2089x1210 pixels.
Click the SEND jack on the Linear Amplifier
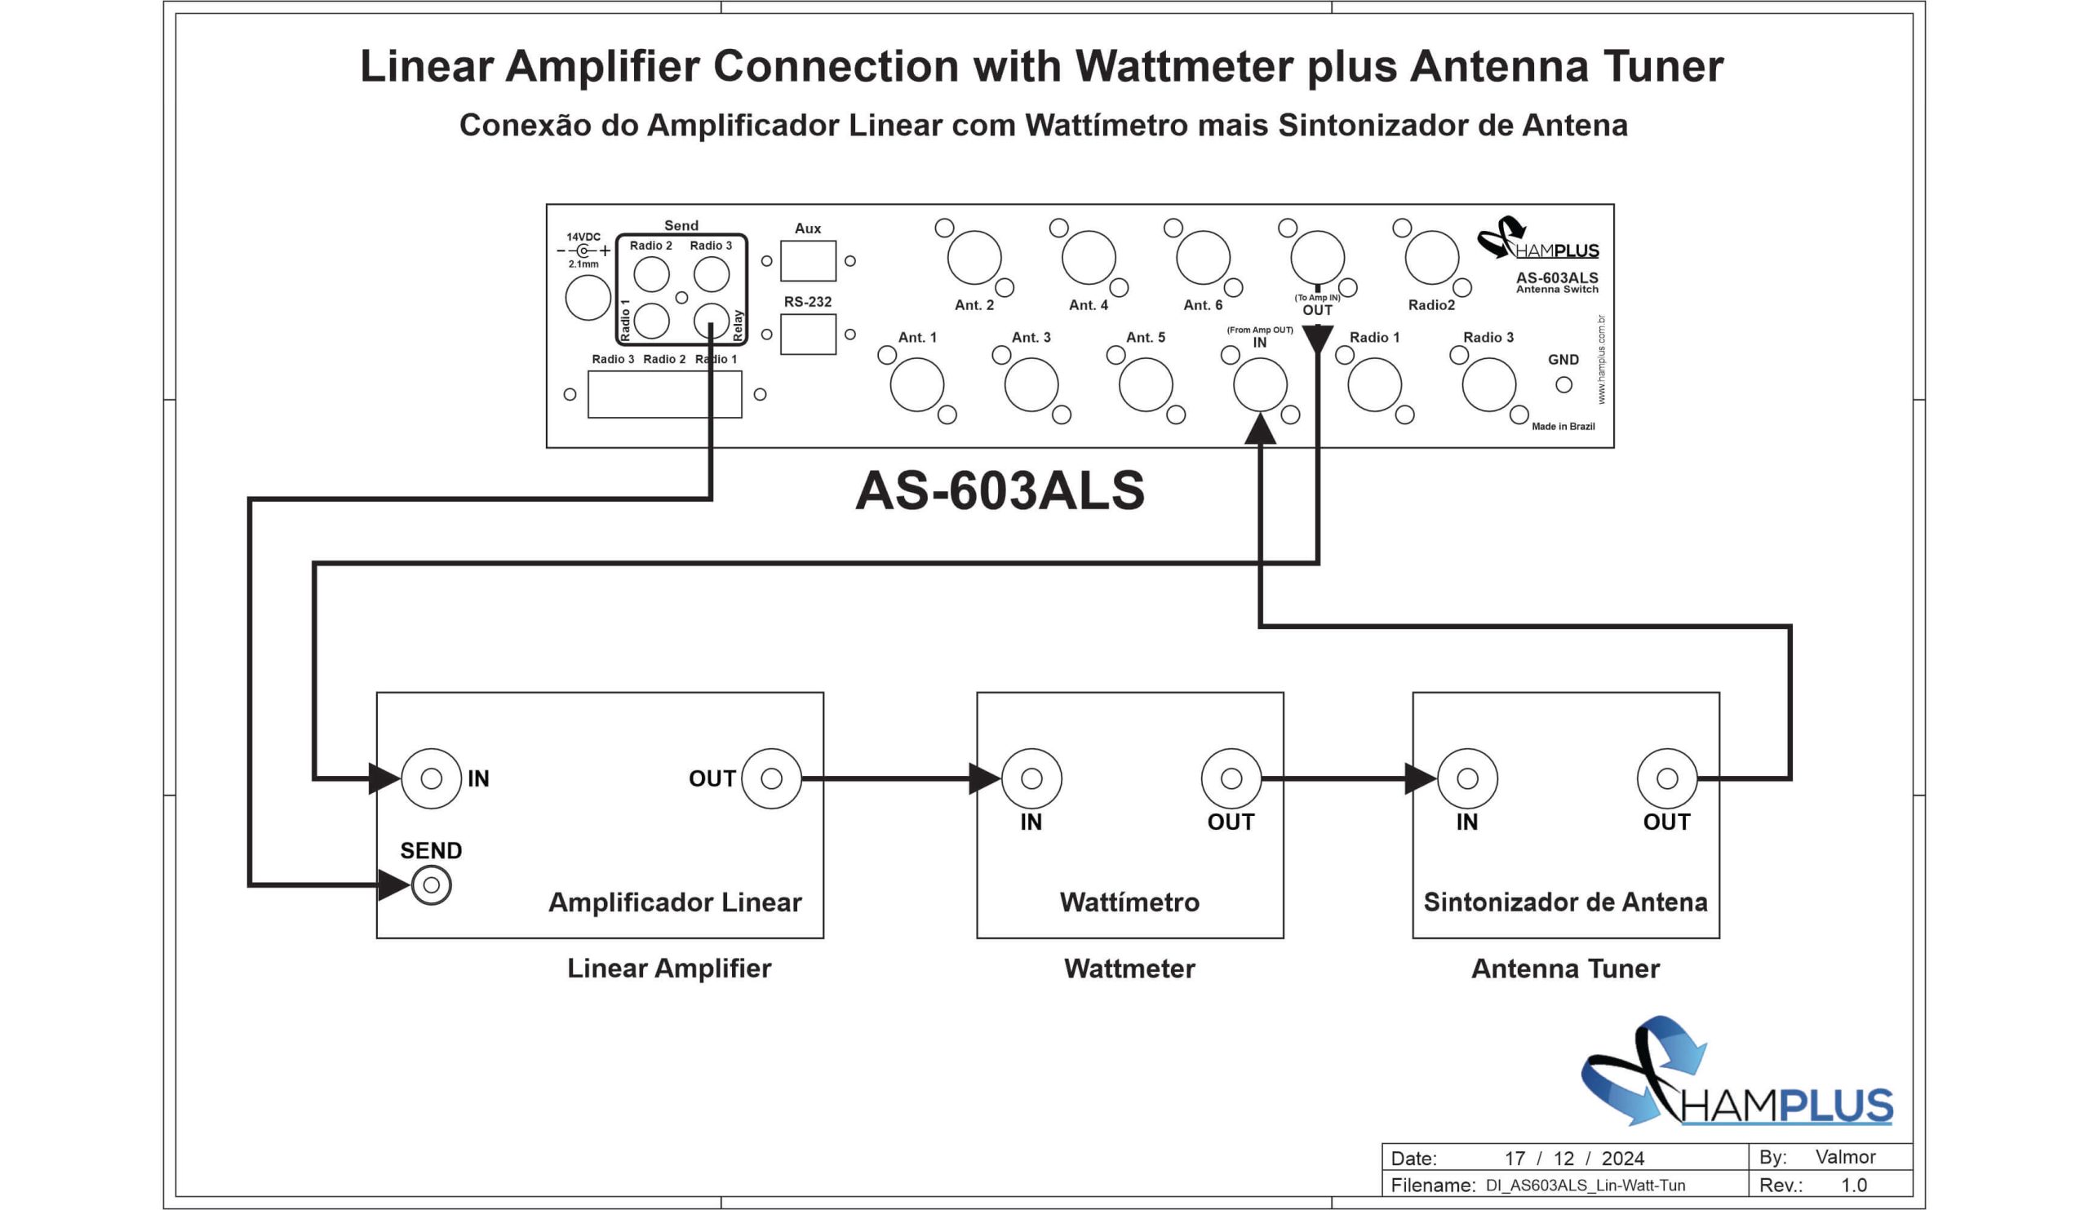(431, 885)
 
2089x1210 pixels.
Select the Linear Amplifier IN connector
(431, 778)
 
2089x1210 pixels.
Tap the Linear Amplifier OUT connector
(771, 778)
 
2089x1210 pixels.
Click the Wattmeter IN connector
(1031, 778)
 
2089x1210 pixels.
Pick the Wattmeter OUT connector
(1231, 778)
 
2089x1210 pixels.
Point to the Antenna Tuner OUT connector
(1667, 778)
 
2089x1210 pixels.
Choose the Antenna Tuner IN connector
(1467, 778)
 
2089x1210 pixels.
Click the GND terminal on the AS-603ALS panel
(1563, 384)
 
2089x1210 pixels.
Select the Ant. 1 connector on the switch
(917, 384)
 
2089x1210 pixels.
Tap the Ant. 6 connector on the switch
(1204, 258)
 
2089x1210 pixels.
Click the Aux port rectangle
(808, 261)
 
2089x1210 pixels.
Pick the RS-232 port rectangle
(808, 334)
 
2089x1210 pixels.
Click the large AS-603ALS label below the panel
(1000, 490)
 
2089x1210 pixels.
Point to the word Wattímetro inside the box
(1129, 902)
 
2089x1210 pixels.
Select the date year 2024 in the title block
(1622, 1158)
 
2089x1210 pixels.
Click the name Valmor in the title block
(1845, 1157)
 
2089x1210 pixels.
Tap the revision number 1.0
(1853, 1186)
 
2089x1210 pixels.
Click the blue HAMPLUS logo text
(1786, 1105)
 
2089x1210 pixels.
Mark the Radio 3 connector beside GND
(1489, 384)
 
